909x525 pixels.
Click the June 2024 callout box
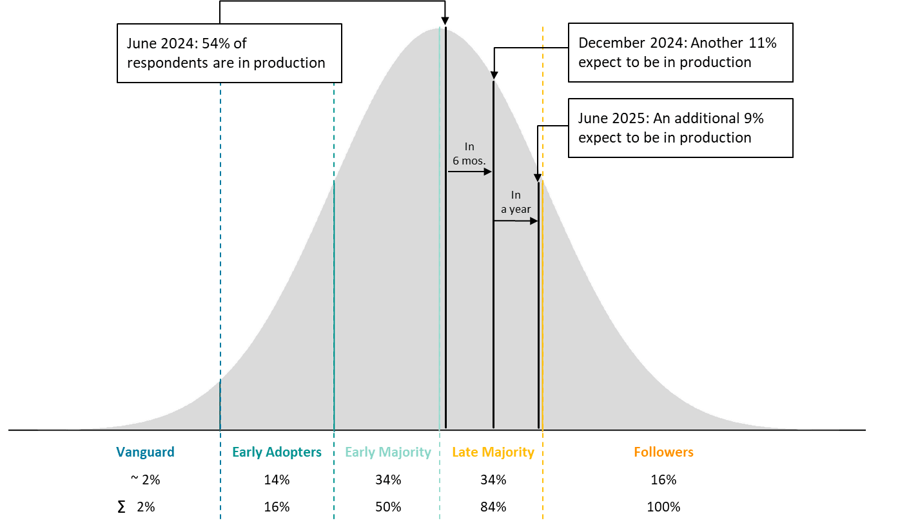tap(229, 53)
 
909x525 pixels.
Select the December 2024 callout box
tap(680, 53)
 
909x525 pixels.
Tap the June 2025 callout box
tap(680, 128)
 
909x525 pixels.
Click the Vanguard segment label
tap(145, 452)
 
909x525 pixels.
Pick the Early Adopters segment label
tap(277, 452)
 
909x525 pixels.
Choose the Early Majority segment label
tap(388, 452)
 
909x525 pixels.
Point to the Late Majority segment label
tap(493, 452)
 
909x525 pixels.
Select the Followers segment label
tap(663, 452)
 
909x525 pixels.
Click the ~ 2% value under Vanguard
tap(142, 480)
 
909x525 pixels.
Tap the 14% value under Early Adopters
tap(277, 480)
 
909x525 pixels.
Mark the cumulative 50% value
tap(388, 507)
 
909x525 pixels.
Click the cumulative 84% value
tap(493, 507)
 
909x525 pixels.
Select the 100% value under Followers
tap(663, 507)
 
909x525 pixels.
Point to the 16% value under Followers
tap(663, 480)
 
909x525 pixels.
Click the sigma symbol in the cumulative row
tap(122, 507)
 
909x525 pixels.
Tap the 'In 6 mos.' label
tap(469, 154)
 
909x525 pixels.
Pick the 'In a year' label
tap(516, 202)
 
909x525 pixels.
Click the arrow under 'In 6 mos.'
tap(470, 172)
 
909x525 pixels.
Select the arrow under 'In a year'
tap(516, 221)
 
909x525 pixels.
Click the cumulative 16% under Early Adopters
tap(277, 507)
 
